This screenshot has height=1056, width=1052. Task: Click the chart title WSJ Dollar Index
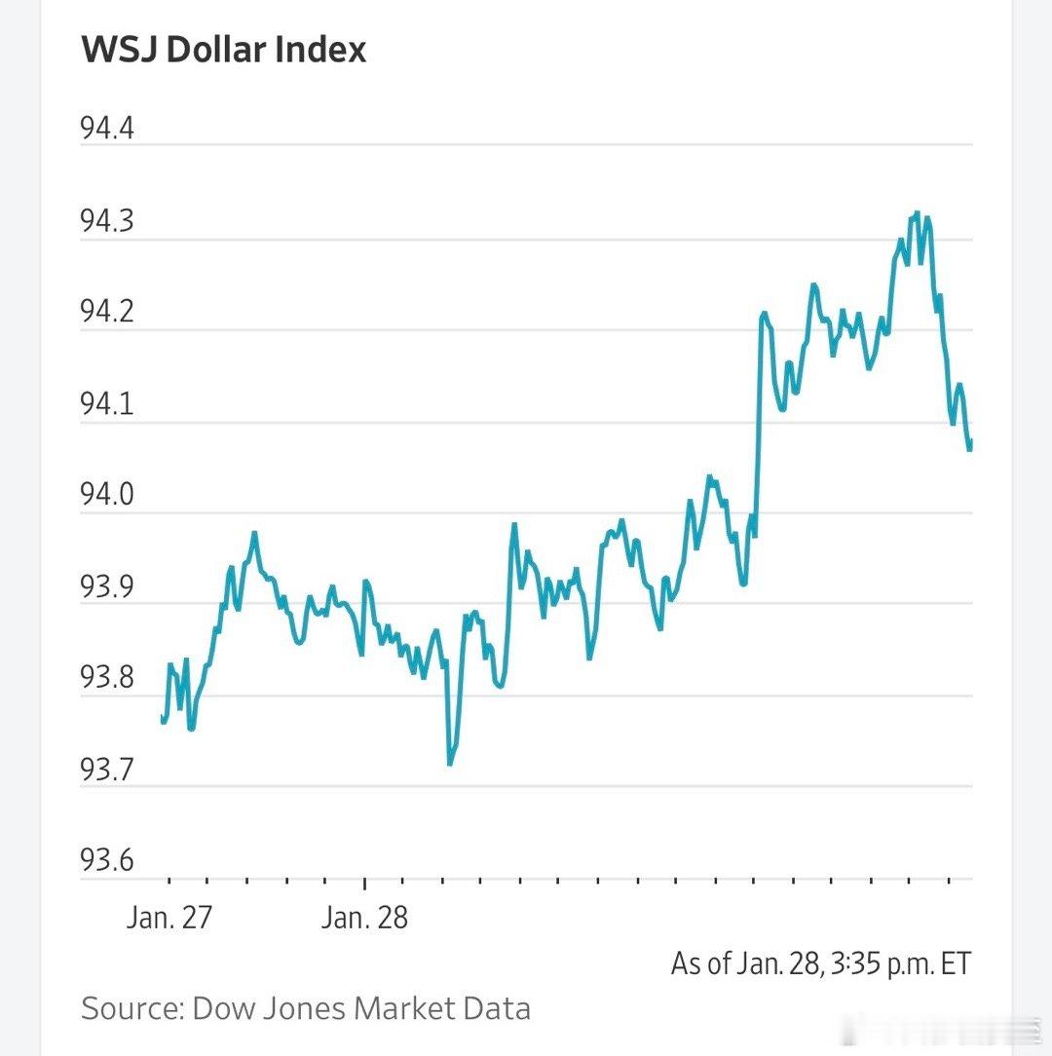tap(224, 49)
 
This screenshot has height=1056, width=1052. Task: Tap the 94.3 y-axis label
tap(107, 222)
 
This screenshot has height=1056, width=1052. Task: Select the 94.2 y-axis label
tap(107, 313)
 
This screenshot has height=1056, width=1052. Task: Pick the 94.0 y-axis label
tap(107, 496)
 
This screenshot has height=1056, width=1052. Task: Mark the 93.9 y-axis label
tap(107, 587)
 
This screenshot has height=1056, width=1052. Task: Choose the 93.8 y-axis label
tap(107, 678)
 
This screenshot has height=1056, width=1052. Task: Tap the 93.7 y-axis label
tap(107, 770)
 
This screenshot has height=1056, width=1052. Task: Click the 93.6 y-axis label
tap(107, 861)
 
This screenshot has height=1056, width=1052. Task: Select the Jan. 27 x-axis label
tap(169, 918)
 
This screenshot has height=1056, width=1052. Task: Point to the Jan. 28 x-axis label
tap(364, 918)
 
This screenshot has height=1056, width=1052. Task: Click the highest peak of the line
tap(917, 213)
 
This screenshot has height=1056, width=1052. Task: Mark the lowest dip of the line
tap(449, 764)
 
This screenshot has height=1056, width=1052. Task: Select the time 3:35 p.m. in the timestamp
tap(882, 963)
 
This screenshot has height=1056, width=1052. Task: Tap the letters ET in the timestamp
tap(954, 963)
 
